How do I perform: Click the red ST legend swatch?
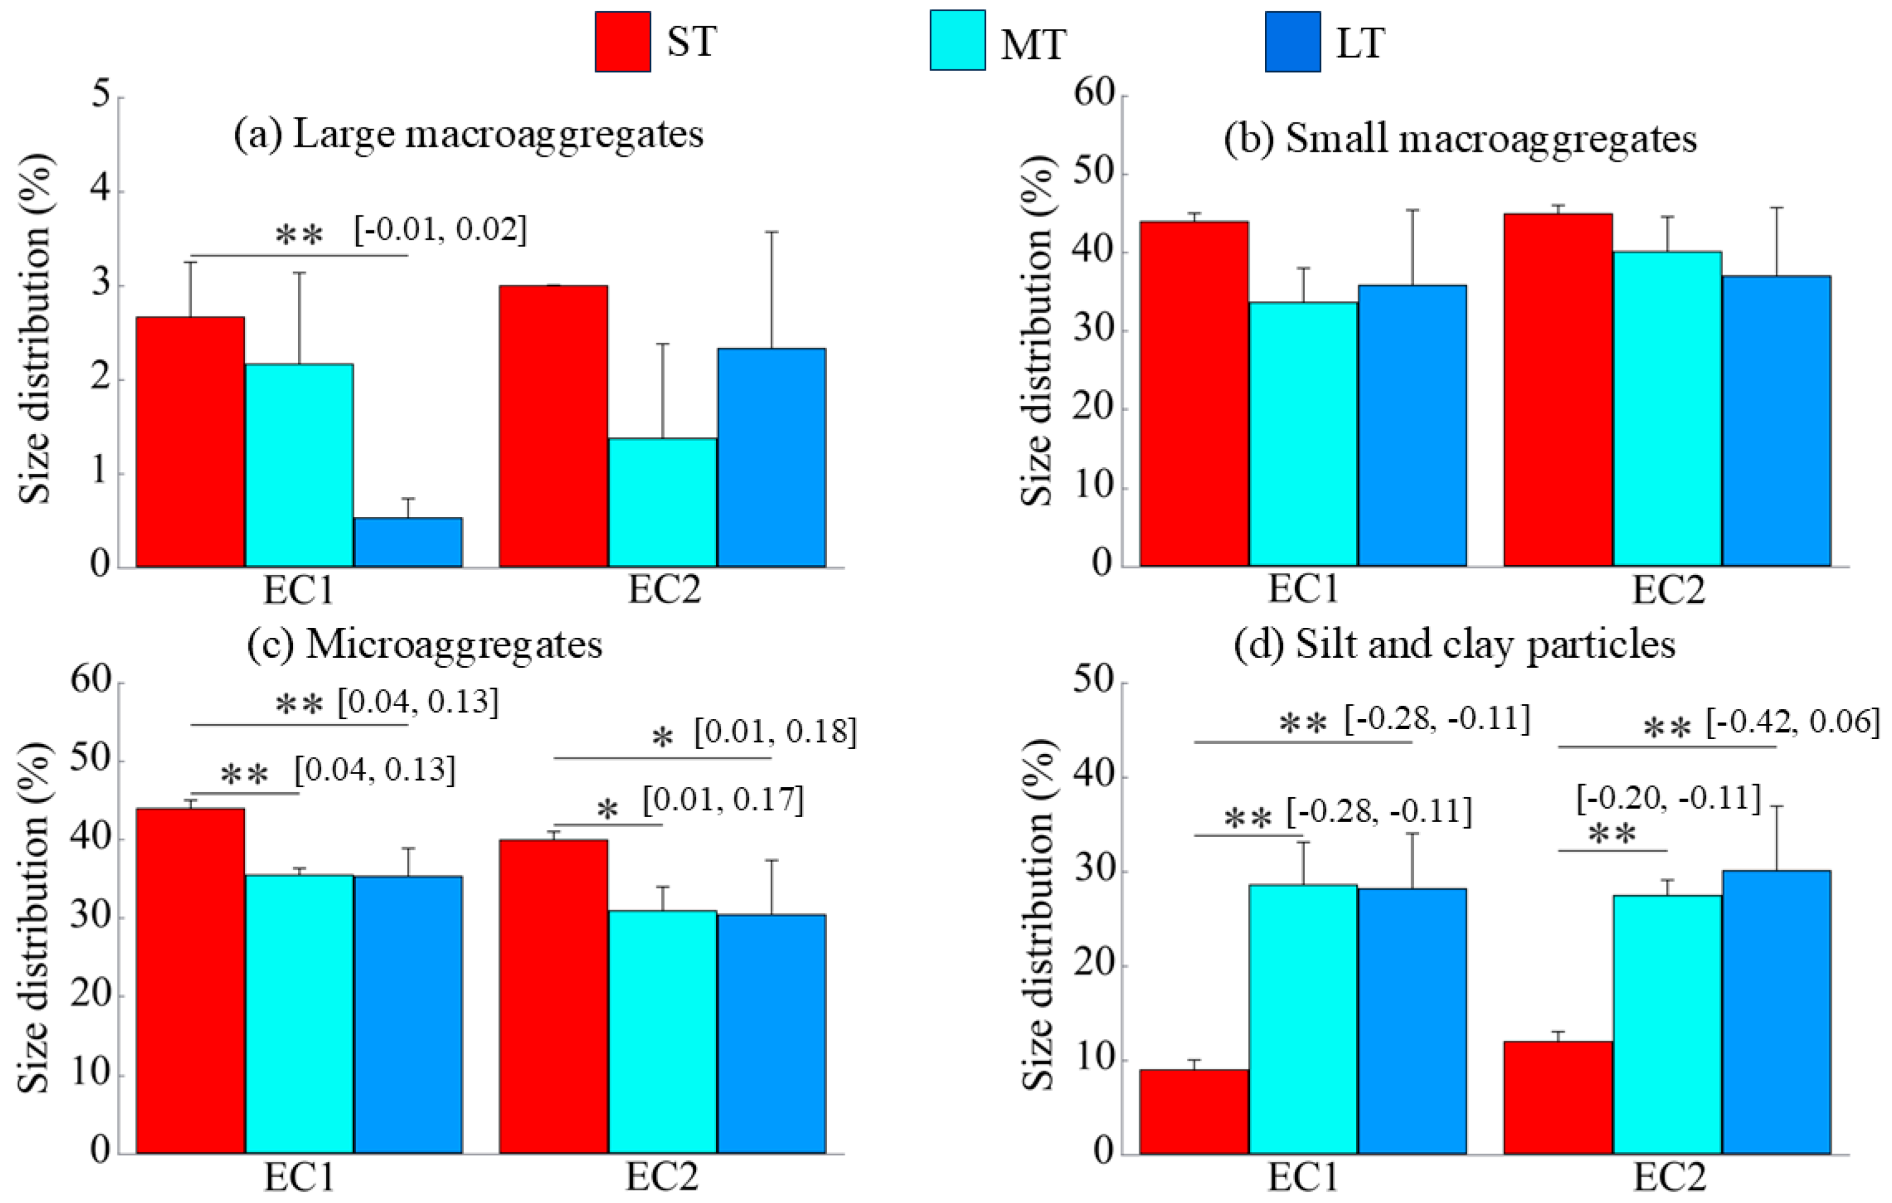(x=622, y=42)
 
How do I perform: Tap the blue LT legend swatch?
(x=1292, y=42)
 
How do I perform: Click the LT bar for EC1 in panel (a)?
(x=408, y=542)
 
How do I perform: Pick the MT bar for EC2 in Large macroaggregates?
(x=662, y=503)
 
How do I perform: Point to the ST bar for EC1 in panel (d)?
(x=1194, y=1111)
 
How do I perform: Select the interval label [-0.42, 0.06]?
(x=1792, y=721)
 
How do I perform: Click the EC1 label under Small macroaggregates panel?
(x=1303, y=589)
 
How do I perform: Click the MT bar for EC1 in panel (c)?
(x=299, y=1014)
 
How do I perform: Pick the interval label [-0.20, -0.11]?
(x=1669, y=798)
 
